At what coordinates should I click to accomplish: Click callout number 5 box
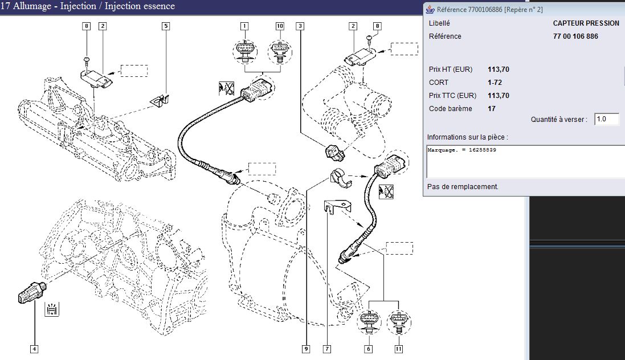pos(166,26)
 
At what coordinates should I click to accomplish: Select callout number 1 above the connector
pos(244,26)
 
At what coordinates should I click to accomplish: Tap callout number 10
pos(280,26)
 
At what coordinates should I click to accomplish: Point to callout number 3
pos(300,26)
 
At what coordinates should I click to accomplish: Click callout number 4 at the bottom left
pos(34,349)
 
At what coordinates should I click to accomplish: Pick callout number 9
pos(306,349)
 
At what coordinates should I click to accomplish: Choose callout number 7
pos(327,349)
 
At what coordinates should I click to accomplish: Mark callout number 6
pos(368,349)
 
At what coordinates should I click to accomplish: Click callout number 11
pos(398,349)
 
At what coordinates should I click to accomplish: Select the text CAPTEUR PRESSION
pos(586,23)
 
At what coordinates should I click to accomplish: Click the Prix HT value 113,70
pos(499,69)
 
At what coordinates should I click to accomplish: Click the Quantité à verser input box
pos(606,120)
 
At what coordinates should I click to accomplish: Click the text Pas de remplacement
pos(463,186)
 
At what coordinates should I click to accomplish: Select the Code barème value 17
pos(492,109)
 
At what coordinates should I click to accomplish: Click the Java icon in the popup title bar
pos(430,9)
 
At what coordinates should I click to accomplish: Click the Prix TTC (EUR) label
pos(452,96)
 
